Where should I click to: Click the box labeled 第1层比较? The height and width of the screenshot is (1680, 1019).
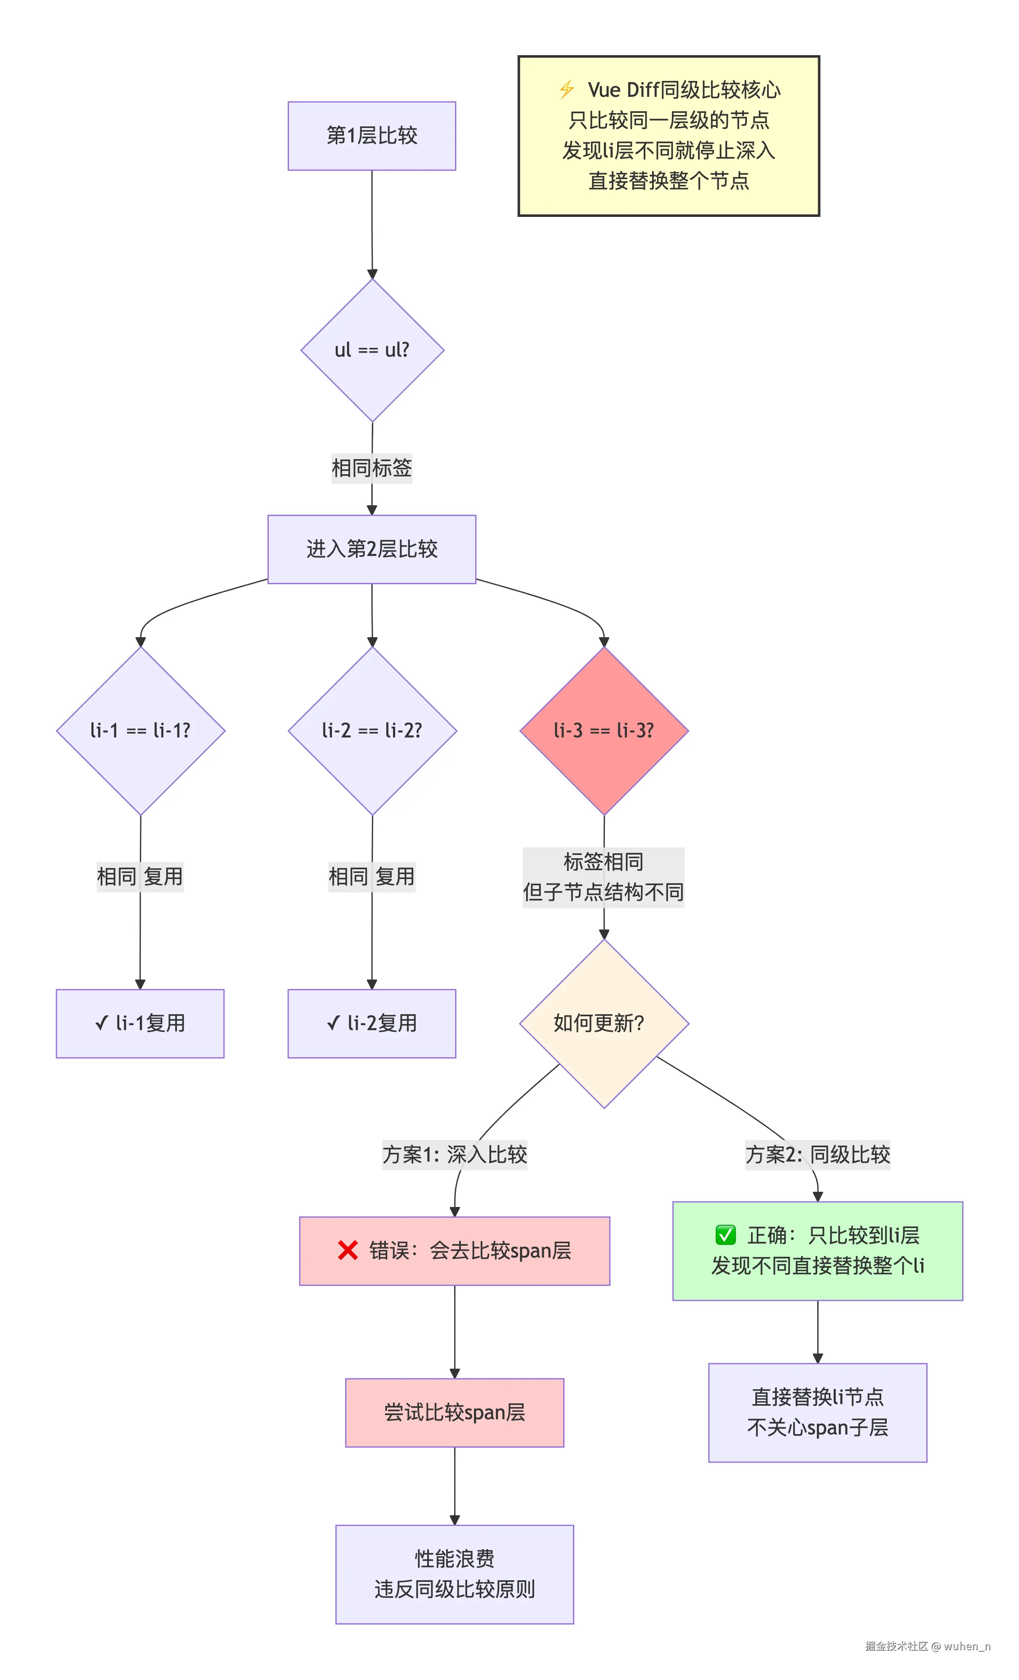[x=372, y=136]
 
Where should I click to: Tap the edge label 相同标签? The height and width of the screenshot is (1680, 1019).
[x=372, y=468]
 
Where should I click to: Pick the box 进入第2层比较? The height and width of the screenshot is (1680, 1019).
[x=372, y=549]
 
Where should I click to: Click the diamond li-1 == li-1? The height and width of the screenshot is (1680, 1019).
[x=141, y=730]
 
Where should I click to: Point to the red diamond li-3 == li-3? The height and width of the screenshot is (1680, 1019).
[x=604, y=730]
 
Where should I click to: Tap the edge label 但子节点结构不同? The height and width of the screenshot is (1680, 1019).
[x=604, y=892]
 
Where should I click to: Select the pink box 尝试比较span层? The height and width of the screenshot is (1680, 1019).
[x=454, y=1412]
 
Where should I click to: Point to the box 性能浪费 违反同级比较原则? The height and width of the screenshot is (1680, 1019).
[x=454, y=1573]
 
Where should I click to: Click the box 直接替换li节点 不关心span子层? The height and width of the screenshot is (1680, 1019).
[x=817, y=1412]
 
